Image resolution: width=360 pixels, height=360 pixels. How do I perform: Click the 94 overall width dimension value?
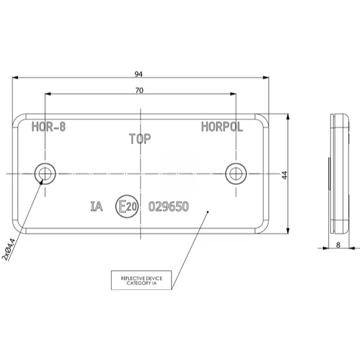[x=139, y=74]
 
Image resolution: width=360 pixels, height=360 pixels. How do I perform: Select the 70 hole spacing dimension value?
[x=139, y=91]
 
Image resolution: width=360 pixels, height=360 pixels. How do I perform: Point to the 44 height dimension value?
[x=284, y=175]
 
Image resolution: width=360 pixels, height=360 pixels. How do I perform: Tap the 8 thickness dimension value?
[x=338, y=245]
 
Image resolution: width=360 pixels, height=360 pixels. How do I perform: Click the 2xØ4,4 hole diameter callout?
[x=9, y=250]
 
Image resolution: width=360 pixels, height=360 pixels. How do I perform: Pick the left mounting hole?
[x=45, y=173]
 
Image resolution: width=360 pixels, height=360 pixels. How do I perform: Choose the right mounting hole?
[x=236, y=173]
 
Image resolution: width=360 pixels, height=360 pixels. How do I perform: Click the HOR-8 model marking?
[x=49, y=127]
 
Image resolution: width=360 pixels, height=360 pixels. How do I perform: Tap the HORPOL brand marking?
[x=222, y=127]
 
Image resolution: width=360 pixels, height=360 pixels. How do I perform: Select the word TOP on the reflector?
[x=140, y=139]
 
